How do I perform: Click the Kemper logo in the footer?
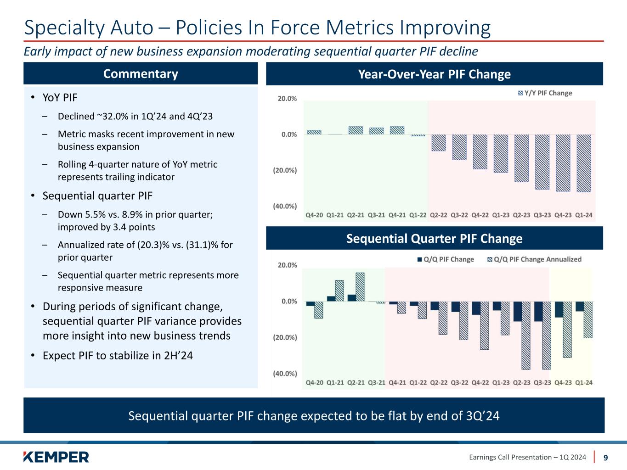click(x=56, y=457)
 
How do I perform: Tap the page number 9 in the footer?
click(x=606, y=457)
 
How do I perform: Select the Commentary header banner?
click(x=141, y=74)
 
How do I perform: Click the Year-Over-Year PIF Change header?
click(x=434, y=74)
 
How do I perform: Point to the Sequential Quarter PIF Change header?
click(x=434, y=239)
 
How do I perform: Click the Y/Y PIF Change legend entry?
click(x=545, y=93)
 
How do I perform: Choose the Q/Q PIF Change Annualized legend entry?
click(x=534, y=259)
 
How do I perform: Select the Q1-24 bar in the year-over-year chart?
click(x=583, y=163)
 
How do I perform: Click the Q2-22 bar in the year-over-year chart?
click(x=439, y=142)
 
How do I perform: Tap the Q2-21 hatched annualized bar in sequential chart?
click(x=360, y=287)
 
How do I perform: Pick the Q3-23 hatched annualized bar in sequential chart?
click(x=546, y=335)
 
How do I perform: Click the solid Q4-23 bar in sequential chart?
click(x=559, y=309)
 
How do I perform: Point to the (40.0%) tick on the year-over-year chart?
click(x=285, y=207)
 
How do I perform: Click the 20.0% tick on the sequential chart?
click(x=287, y=265)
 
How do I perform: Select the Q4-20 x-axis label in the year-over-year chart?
click(x=315, y=215)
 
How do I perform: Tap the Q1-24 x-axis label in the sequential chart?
click(x=583, y=382)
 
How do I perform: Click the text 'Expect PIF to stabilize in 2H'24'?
click(x=118, y=356)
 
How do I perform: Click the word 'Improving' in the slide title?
click(x=446, y=28)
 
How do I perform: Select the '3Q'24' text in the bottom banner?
click(x=483, y=416)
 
